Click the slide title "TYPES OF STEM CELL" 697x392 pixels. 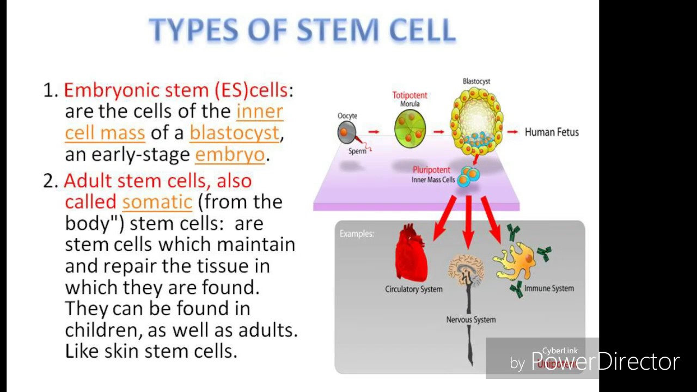(302, 30)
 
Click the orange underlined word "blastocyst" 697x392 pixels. (234, 133)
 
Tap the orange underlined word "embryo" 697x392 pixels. (230, 155)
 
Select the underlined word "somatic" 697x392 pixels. (157, 202)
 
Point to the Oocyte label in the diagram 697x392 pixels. (347, 116)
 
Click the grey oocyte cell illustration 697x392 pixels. (346, 132)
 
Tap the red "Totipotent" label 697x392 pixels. (409, 95)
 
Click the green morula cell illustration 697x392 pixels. (411, 128)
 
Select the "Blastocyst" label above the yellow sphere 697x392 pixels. (476, 82)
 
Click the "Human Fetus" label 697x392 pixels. (552, 132)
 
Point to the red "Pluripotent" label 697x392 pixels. (431, 170)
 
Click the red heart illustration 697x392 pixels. (411, 253)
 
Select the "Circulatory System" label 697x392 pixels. (414, 289)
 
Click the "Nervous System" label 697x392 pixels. (471, 320)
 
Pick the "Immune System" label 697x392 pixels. (549, 288)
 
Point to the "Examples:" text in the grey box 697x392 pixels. (357, 234)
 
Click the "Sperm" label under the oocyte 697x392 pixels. (357, 151)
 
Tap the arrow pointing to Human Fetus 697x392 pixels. (512, 132)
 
